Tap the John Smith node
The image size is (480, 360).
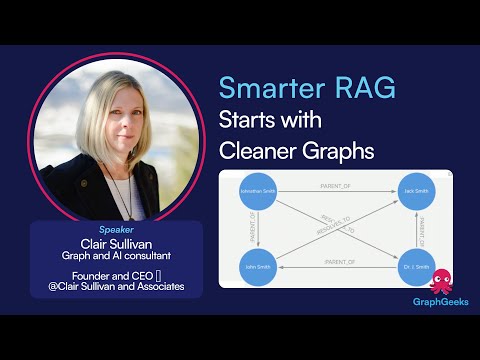(x=257, y=267)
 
